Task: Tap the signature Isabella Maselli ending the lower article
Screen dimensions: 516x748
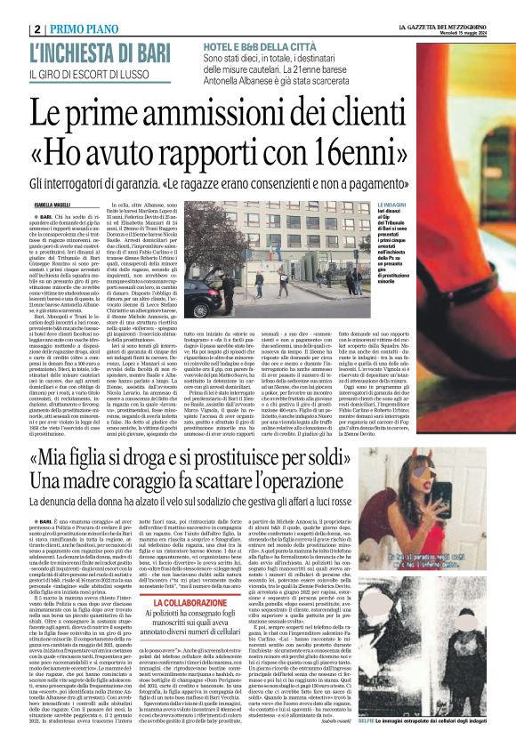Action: (345, 717)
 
